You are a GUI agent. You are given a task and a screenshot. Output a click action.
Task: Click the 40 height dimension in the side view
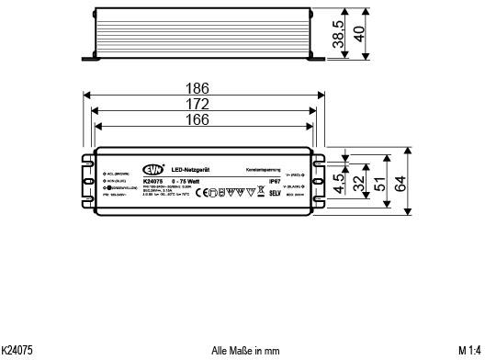[x=360, y=34]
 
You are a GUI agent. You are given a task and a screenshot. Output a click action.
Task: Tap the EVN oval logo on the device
[x=152, y=167]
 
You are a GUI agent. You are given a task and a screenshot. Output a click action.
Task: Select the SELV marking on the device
[x=273, y=195]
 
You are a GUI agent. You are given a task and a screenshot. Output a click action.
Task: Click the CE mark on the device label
[x=208, y=194]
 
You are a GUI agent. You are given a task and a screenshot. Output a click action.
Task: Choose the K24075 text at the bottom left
[x=17, y=350]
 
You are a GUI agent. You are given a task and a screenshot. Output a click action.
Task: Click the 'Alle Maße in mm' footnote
[x=244, y=350]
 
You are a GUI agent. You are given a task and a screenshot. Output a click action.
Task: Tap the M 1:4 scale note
[x=469, y=350]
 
